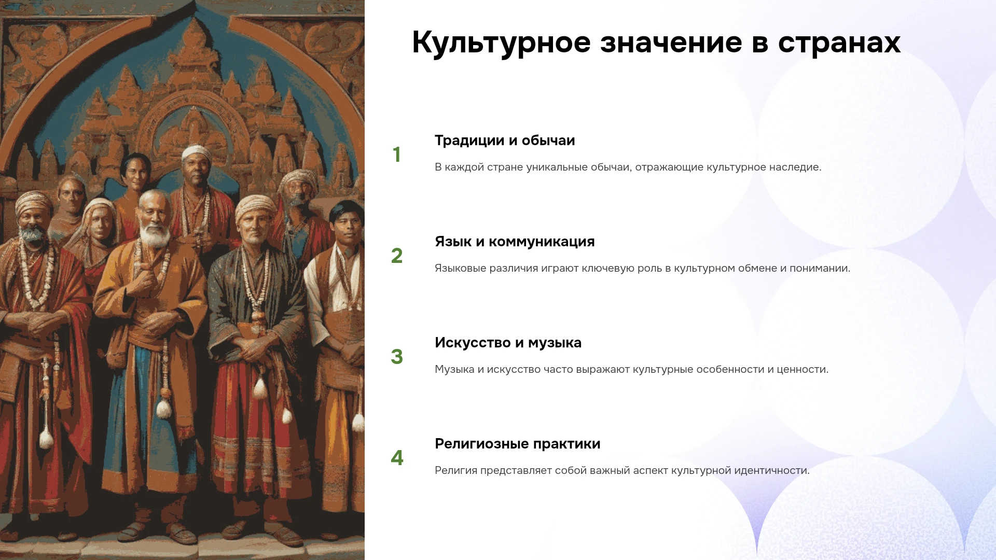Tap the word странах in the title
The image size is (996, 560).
(839, 43)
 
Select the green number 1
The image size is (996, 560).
(397, 155)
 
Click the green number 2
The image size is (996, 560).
(397, 256)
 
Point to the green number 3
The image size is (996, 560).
(397, 357)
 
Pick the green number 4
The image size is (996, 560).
(397, 458)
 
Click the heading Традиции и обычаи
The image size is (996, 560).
(505, 141)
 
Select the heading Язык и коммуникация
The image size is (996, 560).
(515, 242)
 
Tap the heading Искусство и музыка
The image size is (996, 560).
(508, 343)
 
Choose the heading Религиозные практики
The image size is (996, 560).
(517, 444)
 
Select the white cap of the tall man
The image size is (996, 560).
(196, 152)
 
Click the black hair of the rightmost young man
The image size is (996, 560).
(347, 211)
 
